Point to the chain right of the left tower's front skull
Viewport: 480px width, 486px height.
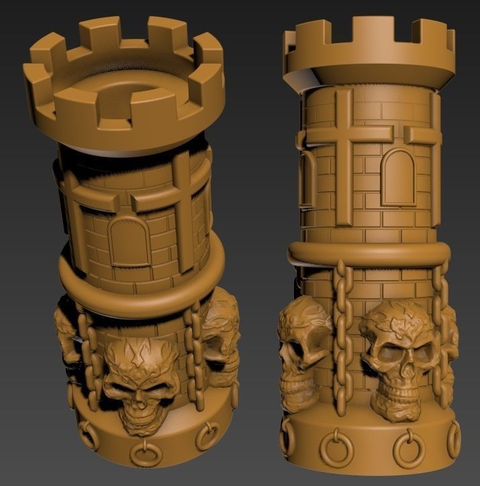[193, 352]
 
